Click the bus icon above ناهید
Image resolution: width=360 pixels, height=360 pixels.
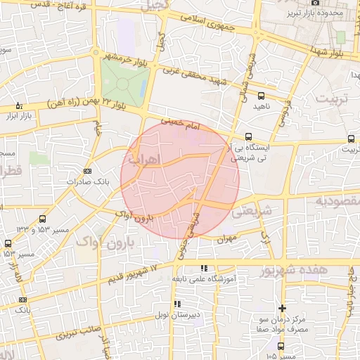[x=262, y=95]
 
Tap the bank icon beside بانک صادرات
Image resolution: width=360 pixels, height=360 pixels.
[x=87, y=171]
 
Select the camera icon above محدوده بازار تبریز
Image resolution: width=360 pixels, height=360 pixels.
[x=314, y=3]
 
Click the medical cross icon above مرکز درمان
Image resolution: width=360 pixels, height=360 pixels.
[x=282, y=308]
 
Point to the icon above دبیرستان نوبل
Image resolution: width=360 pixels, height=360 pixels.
[x=176, y=304]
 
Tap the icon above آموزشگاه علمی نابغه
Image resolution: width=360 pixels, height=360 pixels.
[x=204, y=269]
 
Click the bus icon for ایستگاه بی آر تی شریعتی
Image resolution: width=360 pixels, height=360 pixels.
[x=247, y=137]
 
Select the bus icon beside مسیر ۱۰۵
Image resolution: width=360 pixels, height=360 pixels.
[x=281, y=346]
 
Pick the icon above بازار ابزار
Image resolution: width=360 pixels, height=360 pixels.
[x=19, y=105]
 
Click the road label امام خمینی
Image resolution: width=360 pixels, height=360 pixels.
[x=181, y=124]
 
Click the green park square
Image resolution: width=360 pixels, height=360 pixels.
[x=124, y=82]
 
